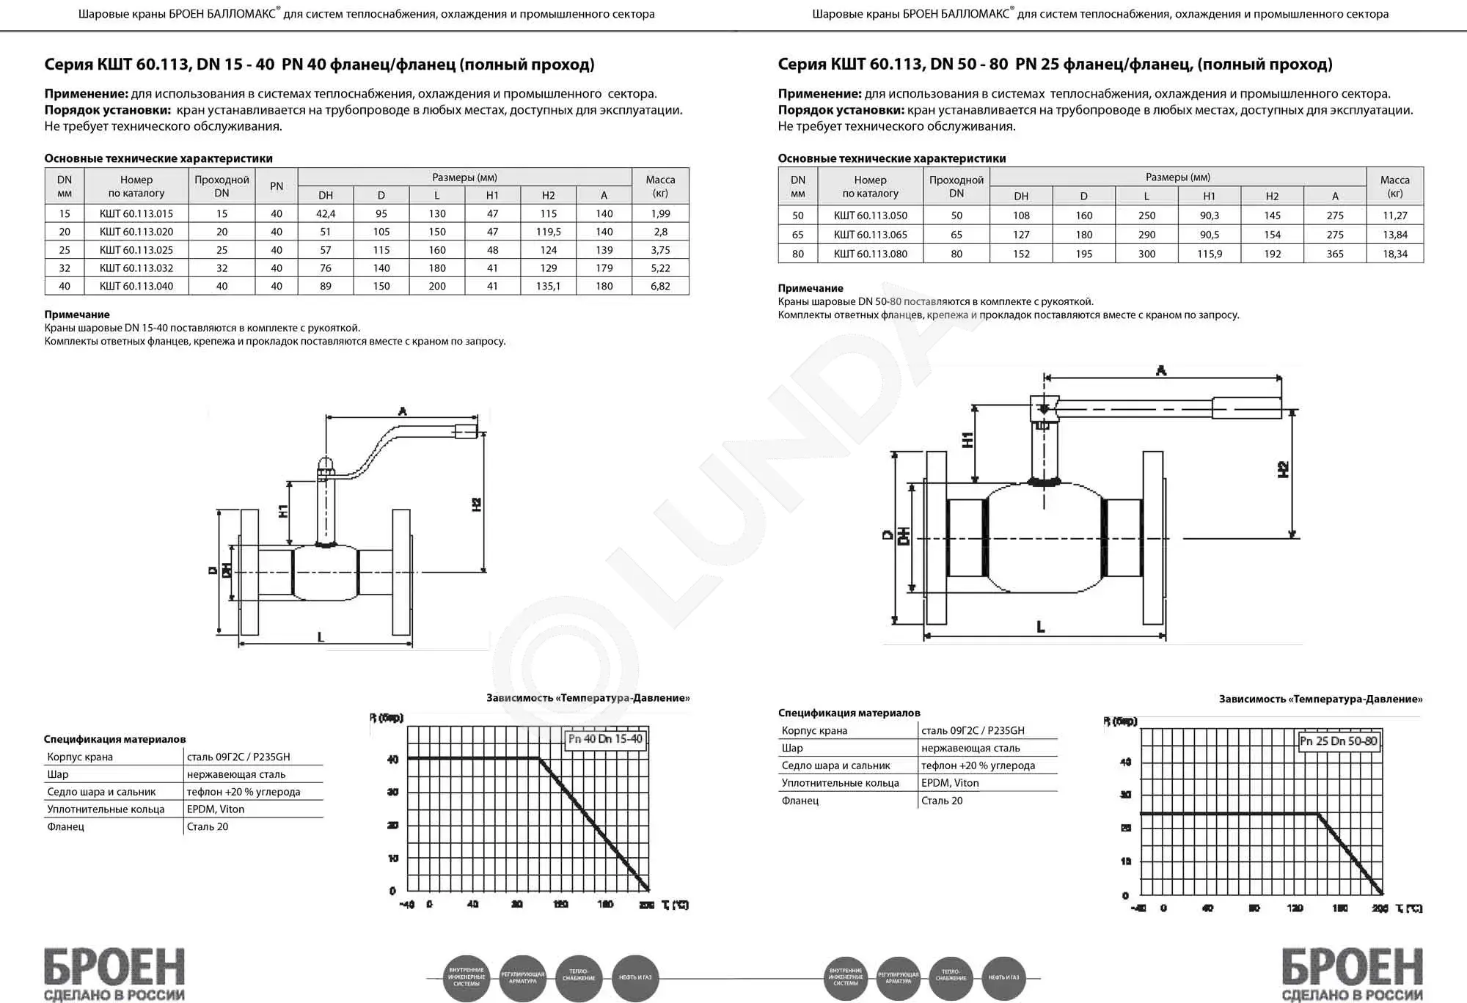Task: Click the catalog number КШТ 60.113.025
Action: pyautogui.click(x=136, y=250)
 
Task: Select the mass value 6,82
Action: pyautogui.click(x=660, y=286)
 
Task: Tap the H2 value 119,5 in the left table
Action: pyautogui.click(x=548, y=232)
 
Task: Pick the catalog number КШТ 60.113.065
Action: pyautogui.click(x=870, y=235)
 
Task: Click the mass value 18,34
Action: pyautogui.click(x=1394, y=254)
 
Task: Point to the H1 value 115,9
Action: pyautogui.click(x=1209, y=254)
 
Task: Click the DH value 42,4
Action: pyautogui.click(x=326, y=213)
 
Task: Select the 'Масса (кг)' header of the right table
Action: pyautogui.click(x=1394, y=186)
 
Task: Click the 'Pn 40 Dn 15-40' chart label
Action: pyautogui.click(x=605, y=739)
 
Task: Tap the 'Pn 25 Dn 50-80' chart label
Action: pyautogui.click(x=1339, y=741)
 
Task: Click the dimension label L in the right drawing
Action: pyautogui.click(x=1040, y=628)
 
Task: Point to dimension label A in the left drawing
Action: pyautogui.click(x=402, y=412)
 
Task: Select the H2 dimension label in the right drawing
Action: pyautogui.click(x=1283, y=470)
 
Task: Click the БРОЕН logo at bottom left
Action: pyautogui.click(x=114, y=972)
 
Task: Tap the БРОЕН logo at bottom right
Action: pyautogui.click(x=1352, y=972)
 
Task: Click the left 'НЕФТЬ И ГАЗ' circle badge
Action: pyautogui.click(x=635, y=977)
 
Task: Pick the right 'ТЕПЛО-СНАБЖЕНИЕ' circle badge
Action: pyautogui.click(x=951, y=977)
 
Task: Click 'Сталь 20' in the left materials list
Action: pyautogui.click(x=208, y=827)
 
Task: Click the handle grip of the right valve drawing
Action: pyautogui.click(x=1246, y=408)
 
